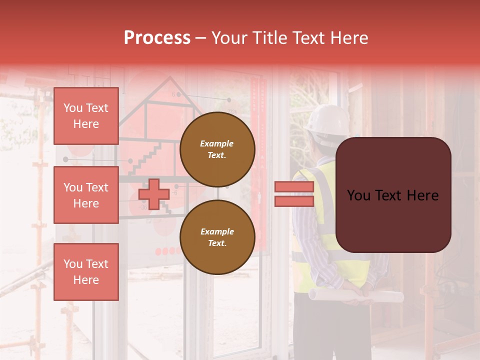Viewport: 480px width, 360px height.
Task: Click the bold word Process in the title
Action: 157,38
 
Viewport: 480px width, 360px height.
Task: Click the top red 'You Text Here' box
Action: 86,116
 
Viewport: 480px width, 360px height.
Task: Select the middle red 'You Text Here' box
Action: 86,195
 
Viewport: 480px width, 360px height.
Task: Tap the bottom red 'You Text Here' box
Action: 86,272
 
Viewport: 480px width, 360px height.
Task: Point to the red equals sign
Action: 294,194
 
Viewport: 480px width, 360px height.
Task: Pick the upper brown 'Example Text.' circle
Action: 217,149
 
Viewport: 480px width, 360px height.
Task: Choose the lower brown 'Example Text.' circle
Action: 217,237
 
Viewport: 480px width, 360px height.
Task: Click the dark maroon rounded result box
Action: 393,195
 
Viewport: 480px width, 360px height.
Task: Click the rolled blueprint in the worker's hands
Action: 355,295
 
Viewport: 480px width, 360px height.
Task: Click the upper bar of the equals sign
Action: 294,187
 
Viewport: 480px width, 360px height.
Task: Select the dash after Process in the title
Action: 201,38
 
